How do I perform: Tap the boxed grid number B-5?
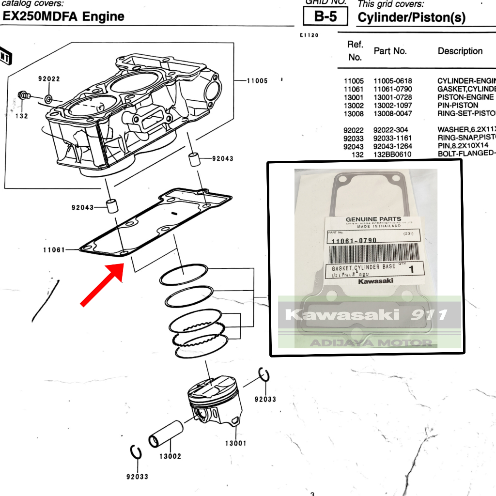tap(325, 16)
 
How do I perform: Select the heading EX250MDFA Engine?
tap(63, 16)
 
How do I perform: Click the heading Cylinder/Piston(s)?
tap(411, 18)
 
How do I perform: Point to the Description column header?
tap(460, 51)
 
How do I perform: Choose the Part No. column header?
tap(390, 51)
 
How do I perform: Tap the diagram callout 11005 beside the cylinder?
tap(257, 81)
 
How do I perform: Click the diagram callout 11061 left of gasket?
tap(54, 250)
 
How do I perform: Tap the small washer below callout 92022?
tap(49, 99)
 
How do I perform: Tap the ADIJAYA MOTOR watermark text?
tap(371, 343)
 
